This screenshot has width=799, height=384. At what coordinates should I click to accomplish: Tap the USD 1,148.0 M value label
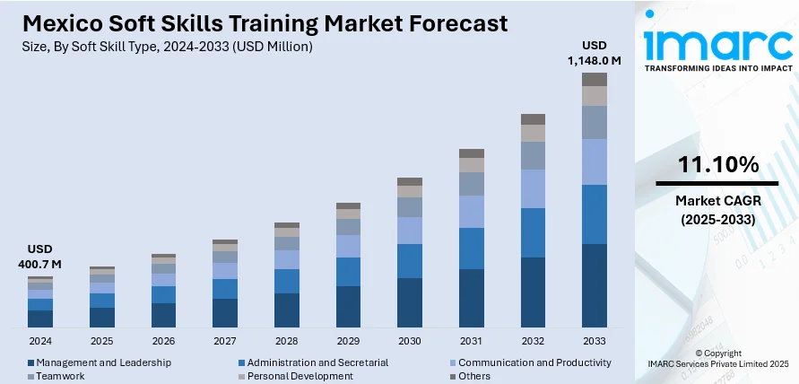point(595,53)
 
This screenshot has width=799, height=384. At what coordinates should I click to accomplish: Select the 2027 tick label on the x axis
point(225,342)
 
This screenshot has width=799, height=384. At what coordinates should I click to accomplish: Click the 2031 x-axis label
point(471,342)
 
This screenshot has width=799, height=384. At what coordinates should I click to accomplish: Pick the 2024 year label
point(40,342)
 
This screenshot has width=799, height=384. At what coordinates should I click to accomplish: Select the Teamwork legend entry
point(61,376)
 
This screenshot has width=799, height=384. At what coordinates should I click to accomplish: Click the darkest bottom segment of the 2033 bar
point(595,284)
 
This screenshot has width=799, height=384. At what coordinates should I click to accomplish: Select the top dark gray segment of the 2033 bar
point(595,79)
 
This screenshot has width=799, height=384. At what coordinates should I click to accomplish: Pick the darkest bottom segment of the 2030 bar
point(410,301)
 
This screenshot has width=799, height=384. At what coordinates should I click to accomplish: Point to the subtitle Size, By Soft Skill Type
point(161,46)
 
